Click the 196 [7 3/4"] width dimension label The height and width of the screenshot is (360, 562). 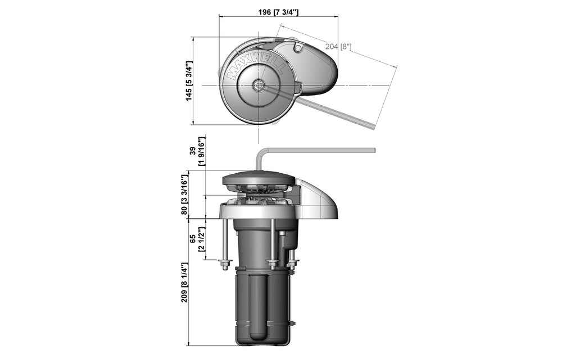pos(278,12)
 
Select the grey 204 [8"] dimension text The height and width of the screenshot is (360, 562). pos(338,46)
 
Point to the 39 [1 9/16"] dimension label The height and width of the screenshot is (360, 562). pos(197,151)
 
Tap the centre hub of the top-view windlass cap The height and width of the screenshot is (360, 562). pos(258,85)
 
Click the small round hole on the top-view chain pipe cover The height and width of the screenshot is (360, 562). pos(298,48)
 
